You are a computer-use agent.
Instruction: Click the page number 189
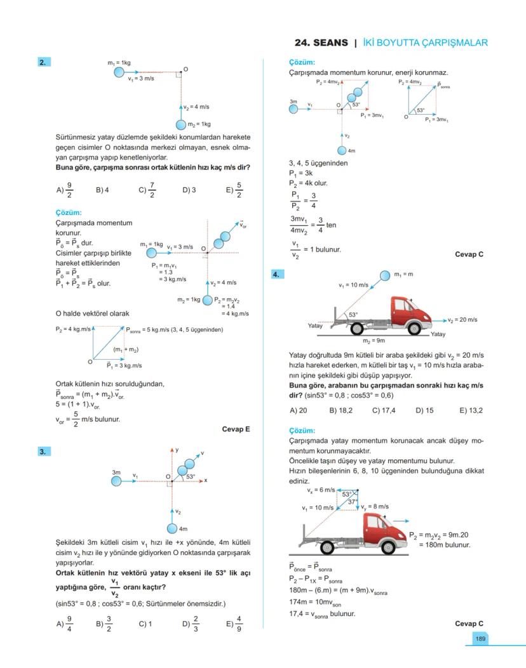pyautogui.click(x=481, y=639)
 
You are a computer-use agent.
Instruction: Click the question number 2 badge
pyautogui.click(x=44, y=62)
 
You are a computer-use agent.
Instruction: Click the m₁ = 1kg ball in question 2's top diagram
pyautogui.click(x=119, y=72)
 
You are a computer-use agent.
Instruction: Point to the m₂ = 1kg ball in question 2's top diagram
pyautogui.click(x=181, y=124)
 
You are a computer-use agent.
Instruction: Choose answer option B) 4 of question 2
pyautogui.click(x=103, y=189)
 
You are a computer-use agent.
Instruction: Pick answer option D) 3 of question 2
pyautogui.click(x=189, y=189)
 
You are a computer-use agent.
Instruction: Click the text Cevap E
pyautogui.click(x=236, y=429)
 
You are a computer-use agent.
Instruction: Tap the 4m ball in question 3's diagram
pyautogui.click(x=172, y=528)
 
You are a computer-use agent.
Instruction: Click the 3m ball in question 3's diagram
pyautogui.click(x=116, y=481)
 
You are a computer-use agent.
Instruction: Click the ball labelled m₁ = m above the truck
pyautogui.click(x=386, y=275)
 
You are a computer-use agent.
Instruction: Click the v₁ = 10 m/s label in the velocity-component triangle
pyautogui.click(x=317, y=508)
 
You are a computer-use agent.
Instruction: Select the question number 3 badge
pyautogui.click(x=44, y=452)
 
